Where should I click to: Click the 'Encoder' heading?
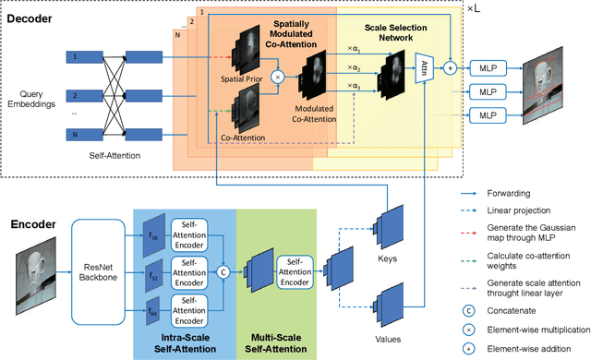(x=35, y=222)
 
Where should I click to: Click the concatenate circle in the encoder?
(x=222, y=271)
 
